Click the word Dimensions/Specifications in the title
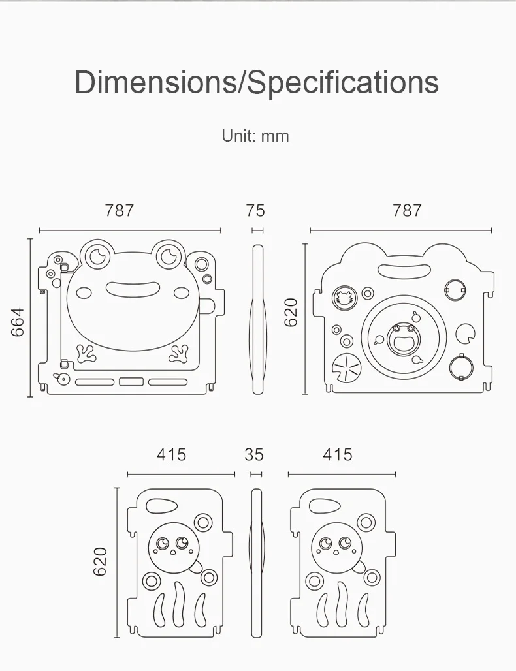[x=257, y=82]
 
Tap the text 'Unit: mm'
[x=255, y=136]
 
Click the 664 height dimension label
[x=18, y=322]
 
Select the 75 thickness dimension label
[x=255, y=211]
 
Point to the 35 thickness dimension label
[x=254, y=454]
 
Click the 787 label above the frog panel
[x=120, y=211]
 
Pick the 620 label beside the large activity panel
[x=291, y=313]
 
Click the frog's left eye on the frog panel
[x=97, y=256]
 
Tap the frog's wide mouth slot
[x=133, y=290]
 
